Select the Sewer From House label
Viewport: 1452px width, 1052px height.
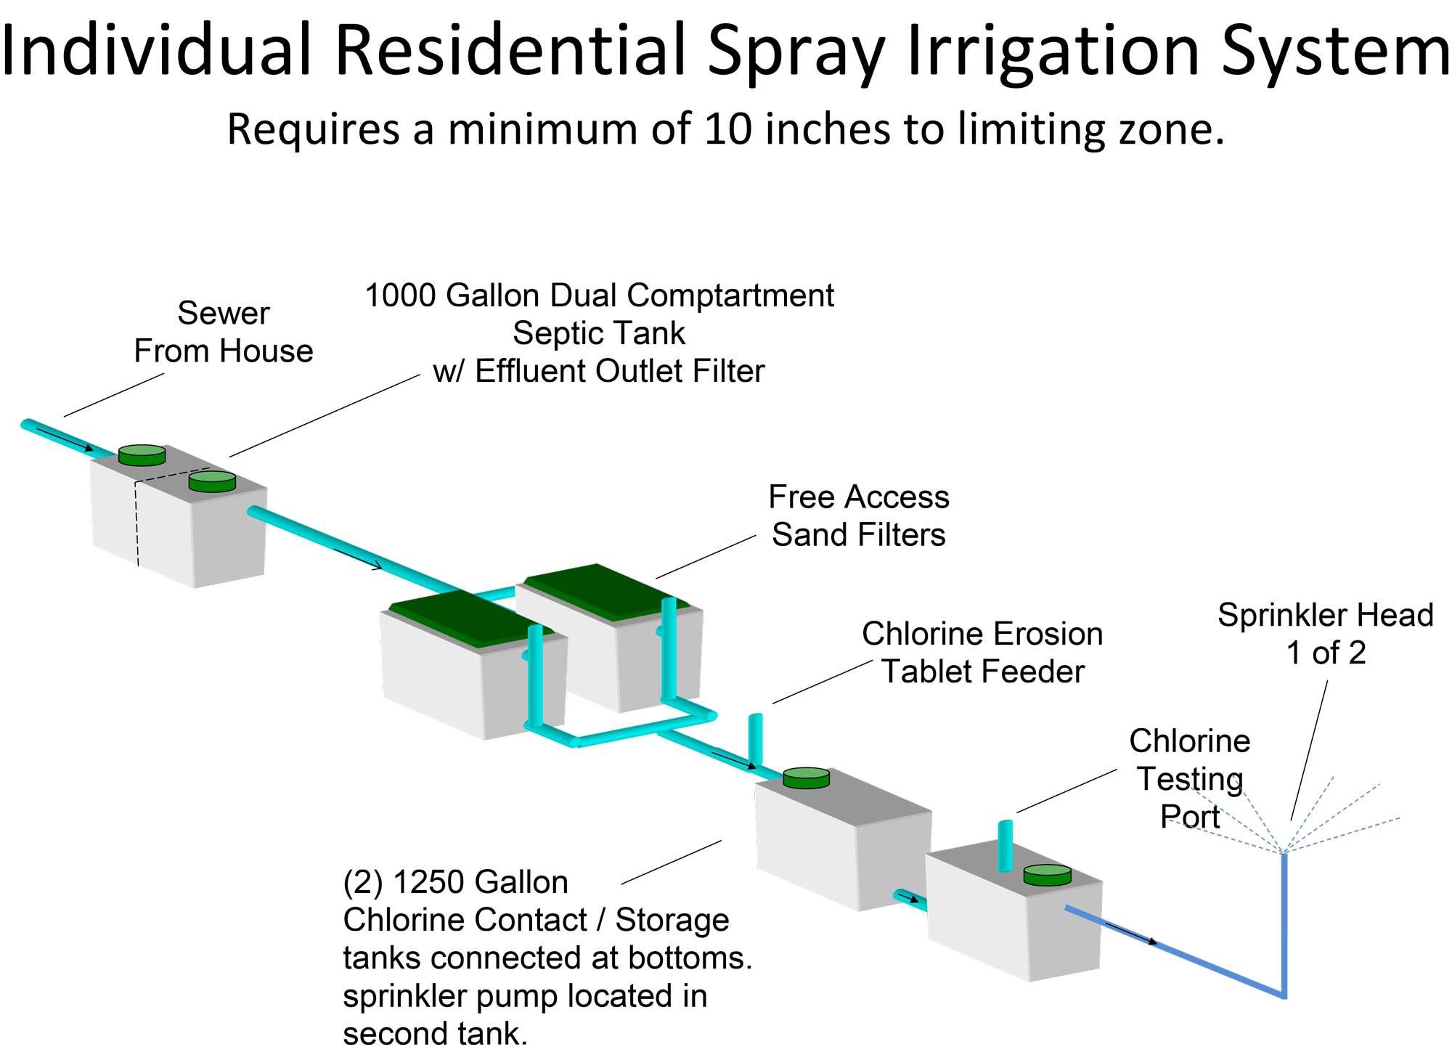pos(224,333)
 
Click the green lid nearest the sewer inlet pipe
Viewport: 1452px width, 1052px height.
pos(142,455)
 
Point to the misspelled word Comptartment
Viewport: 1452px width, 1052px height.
pos(730,296)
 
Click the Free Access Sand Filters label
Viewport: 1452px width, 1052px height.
pos(859,516)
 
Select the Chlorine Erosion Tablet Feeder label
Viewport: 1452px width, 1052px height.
pos(982,653)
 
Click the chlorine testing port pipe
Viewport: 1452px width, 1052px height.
pos(1005,846)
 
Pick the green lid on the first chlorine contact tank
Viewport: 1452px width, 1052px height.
pos(806,778)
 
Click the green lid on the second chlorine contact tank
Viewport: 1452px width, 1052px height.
pos(1047,875)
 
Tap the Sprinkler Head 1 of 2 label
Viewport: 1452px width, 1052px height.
pos(1326,634)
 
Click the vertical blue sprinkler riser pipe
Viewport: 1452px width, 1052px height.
pos(1284,922)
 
